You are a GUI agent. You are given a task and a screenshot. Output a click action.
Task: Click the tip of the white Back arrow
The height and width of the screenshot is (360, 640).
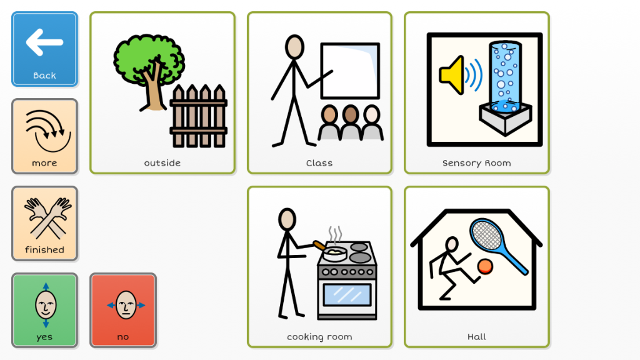[x=27, y=42]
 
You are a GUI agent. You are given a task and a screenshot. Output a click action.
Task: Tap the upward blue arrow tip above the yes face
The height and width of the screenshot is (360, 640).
[x=46, y=283]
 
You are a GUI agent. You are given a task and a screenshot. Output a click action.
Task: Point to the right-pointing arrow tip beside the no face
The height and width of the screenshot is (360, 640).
[x=145, y=305]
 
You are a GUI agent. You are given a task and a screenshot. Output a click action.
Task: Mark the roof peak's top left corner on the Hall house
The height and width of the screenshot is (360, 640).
[x=446, y=211]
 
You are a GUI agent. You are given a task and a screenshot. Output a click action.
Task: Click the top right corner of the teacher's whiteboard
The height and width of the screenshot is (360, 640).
[x=379, y=43]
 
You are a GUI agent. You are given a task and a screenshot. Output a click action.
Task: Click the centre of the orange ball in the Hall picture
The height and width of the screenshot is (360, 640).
[x=485, y=267]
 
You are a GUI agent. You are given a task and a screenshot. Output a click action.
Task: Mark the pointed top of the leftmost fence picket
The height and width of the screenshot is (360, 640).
[x=178, y=85]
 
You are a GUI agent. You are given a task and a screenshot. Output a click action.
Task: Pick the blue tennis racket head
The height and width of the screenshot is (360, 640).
[x=486, y=234]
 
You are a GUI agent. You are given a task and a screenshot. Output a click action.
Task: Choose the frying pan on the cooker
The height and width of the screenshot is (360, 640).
[x=330, y=252]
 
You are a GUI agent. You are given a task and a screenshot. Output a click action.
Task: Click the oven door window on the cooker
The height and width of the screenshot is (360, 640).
[x=346, y=295]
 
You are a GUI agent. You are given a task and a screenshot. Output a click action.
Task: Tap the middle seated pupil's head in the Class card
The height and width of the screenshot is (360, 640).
[x=350, y=115]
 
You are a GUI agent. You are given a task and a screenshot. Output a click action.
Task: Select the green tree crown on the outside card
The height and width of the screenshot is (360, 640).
[x=149, y=59]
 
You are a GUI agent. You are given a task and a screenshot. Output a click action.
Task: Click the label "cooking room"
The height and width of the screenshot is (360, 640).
[x=319, y=337]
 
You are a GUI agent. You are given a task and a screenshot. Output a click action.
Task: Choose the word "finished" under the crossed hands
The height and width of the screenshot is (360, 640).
[x=44, y=250]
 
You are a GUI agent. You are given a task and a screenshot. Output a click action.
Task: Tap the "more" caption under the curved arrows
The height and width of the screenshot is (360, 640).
[x=44, y=163]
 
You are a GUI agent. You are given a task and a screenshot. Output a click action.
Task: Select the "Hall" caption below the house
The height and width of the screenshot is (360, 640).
[x=477, y=337]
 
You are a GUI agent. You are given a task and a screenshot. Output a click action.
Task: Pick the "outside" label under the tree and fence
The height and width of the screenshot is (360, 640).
[x=162, y=163]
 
